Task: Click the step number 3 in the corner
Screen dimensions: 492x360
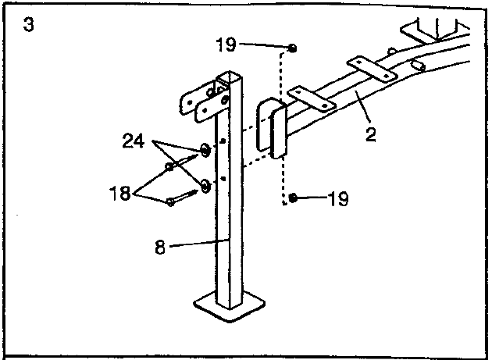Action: coord(28,24)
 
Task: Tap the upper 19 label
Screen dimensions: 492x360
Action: coord(226,45)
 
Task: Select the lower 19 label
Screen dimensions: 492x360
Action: coord(338,198)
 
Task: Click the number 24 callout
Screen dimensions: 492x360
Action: coord(134,141)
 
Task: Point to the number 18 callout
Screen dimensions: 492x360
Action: coord(119,194)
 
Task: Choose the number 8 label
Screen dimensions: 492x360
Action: coord(160,247)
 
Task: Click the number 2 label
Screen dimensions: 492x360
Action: coord(371,134)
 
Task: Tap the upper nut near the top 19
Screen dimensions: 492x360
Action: coord(292,48)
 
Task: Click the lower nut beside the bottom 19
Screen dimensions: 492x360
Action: coord(292,198)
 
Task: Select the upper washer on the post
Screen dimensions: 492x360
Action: coord(205,150)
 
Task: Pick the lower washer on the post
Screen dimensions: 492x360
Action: coord(205,187)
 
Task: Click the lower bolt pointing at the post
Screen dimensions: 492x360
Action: coord(182,198)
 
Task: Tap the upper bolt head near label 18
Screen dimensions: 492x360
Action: coord(169,166)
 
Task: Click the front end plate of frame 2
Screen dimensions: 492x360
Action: coord(279,132)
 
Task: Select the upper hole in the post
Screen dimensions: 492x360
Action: coord(223,141)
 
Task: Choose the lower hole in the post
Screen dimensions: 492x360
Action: coord(223,179)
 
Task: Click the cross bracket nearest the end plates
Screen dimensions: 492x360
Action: coord(312,99)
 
